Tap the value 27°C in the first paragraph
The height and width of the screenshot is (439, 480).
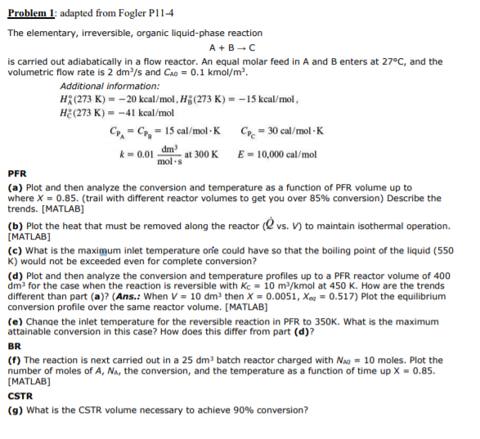(x=402, y=61)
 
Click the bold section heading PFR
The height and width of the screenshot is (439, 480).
(x=16, y=174)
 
